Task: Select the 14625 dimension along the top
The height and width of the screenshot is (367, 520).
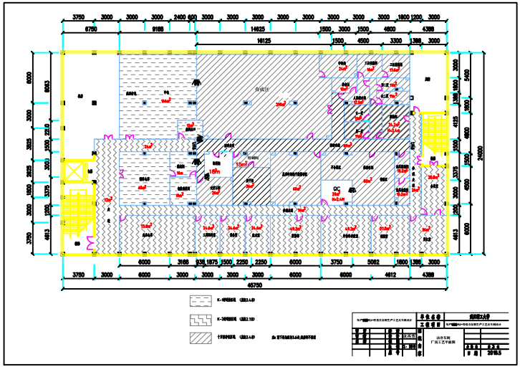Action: click(255, 29)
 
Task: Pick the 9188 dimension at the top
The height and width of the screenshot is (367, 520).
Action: click(158, 29)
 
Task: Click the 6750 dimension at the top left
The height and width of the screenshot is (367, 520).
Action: click(91, 29)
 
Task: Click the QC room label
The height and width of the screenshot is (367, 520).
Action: click(335, 190)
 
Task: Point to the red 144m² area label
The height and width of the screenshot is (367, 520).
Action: click(165, 101)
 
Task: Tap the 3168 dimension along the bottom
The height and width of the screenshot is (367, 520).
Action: click(183, 262)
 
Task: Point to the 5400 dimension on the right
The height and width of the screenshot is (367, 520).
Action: click(467, 74)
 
